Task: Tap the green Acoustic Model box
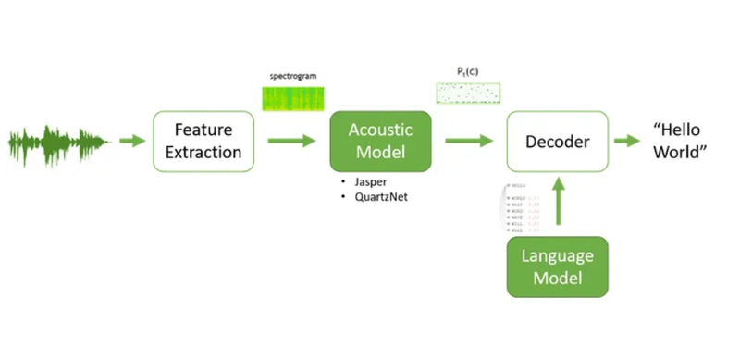point(380,141)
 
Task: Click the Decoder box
point(557,141)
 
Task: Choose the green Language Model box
point(557,267)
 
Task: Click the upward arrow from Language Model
point(557,203)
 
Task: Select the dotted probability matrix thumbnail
point(468,93)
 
